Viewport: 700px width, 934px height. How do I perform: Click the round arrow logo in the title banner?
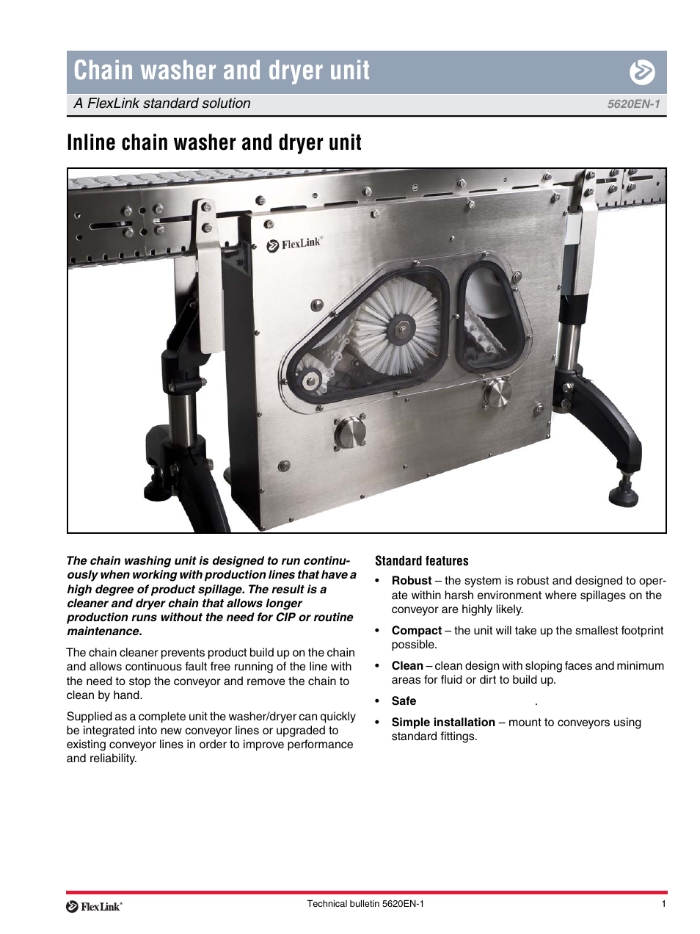coord(642,72)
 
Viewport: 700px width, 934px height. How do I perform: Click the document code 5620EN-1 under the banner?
coord(633,104)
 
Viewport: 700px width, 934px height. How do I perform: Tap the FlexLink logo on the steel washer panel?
coord(294,244)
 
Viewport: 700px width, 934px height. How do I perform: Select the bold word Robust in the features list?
coord(412,581)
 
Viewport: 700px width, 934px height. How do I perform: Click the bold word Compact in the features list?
coord(416,631)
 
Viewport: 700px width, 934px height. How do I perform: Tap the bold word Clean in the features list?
coord(407,666)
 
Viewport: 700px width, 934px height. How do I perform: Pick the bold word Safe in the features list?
coord(404,701)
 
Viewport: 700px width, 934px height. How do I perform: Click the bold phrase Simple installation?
coord(443,723)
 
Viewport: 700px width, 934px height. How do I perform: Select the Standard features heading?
coord(421,561)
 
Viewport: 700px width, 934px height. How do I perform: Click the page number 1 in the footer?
coord(663,904)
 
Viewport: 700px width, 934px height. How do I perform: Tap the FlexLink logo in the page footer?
coord(94,907)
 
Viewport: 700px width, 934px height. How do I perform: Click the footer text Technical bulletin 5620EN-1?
coord(365,904)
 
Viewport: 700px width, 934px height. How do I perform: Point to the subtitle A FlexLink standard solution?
coord(162,104)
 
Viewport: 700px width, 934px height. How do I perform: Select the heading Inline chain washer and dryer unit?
coord(214,142)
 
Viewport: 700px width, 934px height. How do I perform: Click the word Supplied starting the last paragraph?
coord(89,717)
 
